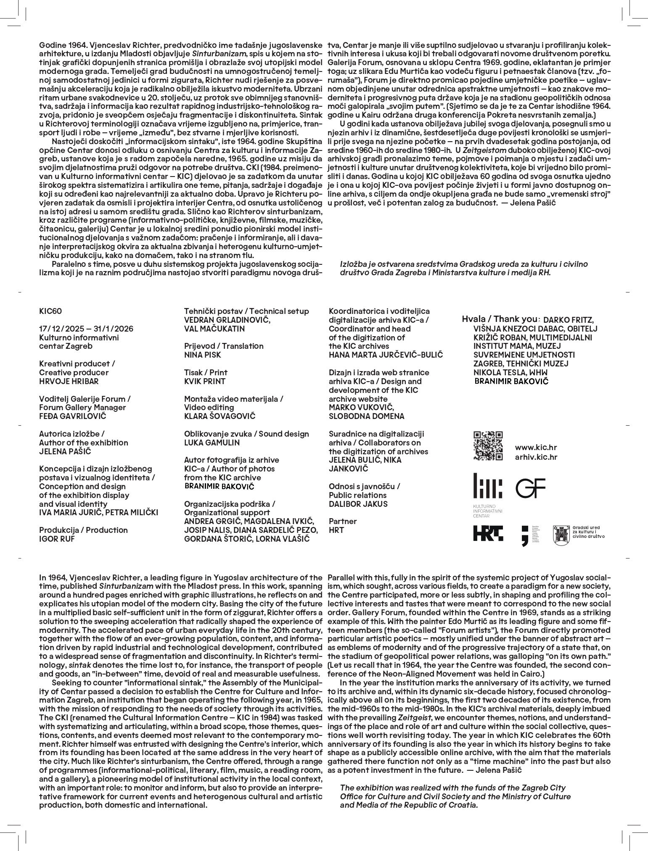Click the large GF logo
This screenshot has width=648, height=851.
click(x=530, y=488)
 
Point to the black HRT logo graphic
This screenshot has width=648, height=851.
click(x=488, y=533)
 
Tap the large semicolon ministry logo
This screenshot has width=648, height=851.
click(x=524, y=536)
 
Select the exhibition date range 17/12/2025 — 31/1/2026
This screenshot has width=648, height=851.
click(x=86, y=329)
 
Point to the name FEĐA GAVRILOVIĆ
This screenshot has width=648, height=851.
click(x=72, y=416)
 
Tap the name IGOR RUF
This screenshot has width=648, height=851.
click(x=57, y=539)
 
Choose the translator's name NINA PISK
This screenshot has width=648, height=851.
click(x=202, y=355)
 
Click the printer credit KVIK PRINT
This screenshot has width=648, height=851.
click(x=205, y=381)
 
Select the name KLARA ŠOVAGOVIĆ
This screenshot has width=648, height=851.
click(x=220, y=416)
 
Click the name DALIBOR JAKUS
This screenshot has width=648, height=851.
click(x=358, y=504)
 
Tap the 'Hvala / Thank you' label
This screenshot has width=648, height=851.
click(x=500, y=319)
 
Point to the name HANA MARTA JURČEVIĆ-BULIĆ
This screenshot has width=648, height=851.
click(x=386, y=355)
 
